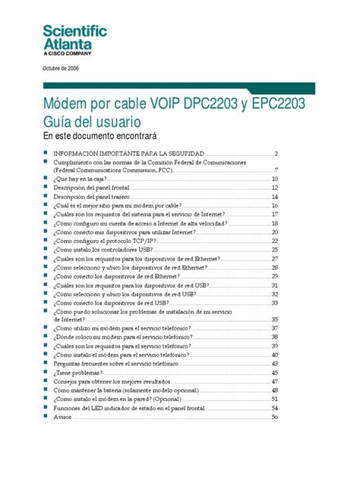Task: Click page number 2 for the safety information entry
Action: pyautogui.click(x=277, y=153)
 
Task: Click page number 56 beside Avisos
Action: pyautogui.click(x=275, y=417)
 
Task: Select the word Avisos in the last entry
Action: pyautogui.click(x=62, y=417)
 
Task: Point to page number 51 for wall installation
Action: pyautogui.click(x=275, y=399)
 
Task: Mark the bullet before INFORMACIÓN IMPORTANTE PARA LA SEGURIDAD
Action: pyautogui.click(x=46, y=153)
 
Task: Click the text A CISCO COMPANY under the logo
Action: pyautogui.click(x=66, y=54)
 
